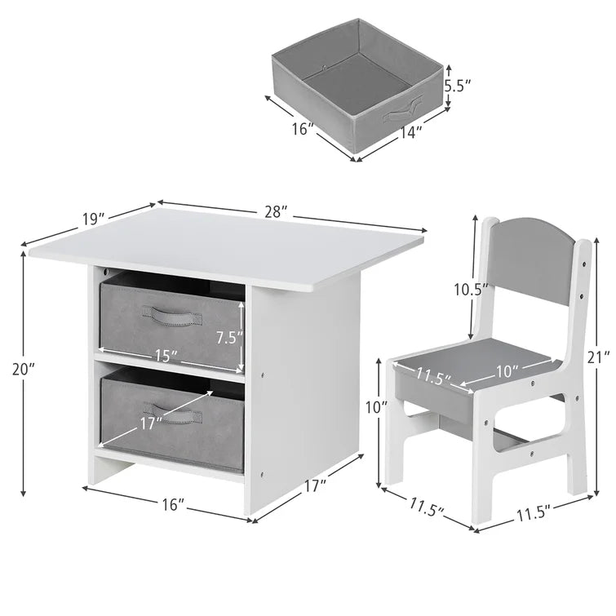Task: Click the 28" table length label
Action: tap(277, 212)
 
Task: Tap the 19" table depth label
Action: tap(94, 219)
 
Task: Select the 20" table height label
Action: tap(24, 370)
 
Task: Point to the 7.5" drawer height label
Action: tap(230, 337)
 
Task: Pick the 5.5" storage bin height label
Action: tap(457, 85)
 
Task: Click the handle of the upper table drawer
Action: tap(172, 315)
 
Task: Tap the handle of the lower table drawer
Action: tap(173, 414)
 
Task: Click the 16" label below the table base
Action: tap(174, 504)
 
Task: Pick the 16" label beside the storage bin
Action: tap(303, 128)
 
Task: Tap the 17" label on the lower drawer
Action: tap(152, 423)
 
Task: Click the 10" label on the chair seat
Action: tap(507, 371)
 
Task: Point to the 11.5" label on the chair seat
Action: tap(433, 376)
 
